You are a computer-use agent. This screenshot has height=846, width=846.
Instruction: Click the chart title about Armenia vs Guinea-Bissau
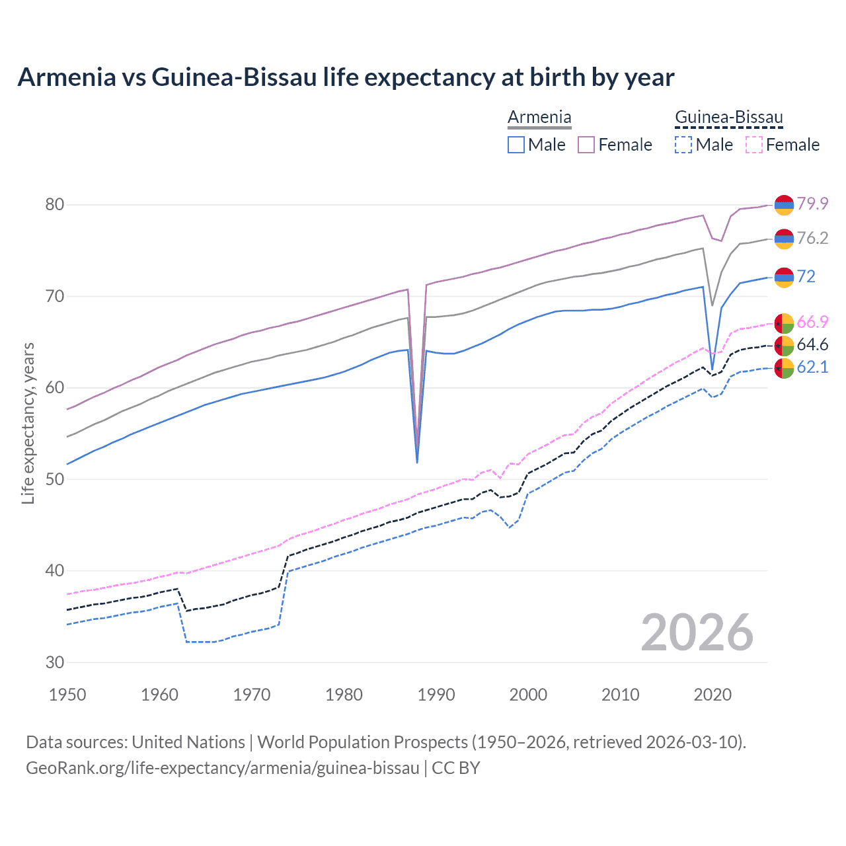tap(346, 77)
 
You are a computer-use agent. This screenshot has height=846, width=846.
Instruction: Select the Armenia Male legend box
tap(516, 145)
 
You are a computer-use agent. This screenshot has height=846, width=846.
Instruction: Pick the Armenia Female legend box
tap(586, 145)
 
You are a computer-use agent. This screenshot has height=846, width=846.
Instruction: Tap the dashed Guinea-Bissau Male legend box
tap(683, 145)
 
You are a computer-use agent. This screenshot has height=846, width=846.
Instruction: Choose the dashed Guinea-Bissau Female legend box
tap(753, 145)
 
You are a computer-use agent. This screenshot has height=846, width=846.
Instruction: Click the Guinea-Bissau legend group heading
tap(728, 118)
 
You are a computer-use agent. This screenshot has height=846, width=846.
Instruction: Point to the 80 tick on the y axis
tap(55, 204)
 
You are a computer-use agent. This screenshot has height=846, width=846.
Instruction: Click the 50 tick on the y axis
tap(55, 479)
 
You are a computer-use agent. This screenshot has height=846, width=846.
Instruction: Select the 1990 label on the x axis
tap(436, 695)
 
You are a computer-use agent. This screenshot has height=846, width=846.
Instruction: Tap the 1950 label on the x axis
tap(67, 695)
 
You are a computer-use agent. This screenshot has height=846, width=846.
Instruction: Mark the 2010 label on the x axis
tap(620, 695)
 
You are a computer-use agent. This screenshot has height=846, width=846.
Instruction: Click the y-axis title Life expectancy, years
tap(28, 423)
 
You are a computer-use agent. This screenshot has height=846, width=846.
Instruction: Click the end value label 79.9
tap(812, 204)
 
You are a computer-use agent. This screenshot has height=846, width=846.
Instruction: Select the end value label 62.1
tap(812, 367)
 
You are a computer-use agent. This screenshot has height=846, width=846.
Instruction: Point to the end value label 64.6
tap(812, 344)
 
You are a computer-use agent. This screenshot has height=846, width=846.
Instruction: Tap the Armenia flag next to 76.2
tap(784, 239)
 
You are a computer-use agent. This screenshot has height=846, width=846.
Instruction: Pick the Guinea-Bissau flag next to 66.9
tap(784, 323)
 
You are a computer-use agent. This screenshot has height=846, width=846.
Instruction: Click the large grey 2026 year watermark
tap(697, 633)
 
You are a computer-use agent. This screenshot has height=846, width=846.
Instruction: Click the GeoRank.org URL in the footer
tap(223, 768)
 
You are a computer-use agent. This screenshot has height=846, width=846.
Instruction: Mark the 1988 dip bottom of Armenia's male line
tap(417, 462)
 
